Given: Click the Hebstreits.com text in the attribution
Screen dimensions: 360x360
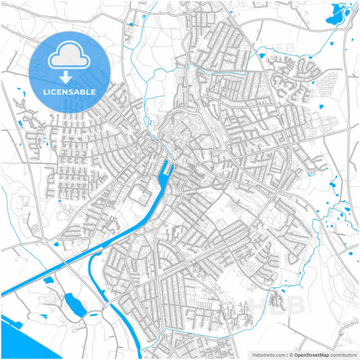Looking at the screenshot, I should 269,354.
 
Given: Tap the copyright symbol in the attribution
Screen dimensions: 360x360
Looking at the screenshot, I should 292,354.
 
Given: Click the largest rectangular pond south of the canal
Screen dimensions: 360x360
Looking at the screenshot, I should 74,305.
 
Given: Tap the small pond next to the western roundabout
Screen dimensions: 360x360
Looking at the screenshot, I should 57,243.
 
